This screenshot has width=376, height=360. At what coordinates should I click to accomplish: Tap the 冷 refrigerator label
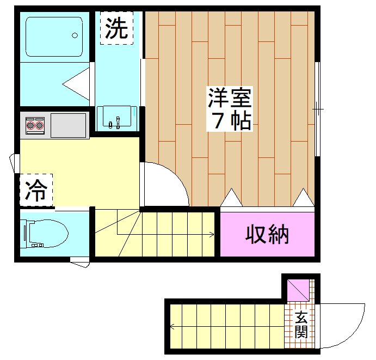coord(36,190)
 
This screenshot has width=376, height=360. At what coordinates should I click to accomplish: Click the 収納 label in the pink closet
coord(267,234)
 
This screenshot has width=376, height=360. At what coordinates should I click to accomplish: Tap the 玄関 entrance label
coord(301,325)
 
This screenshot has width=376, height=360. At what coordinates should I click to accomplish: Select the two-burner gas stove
coord(35,126)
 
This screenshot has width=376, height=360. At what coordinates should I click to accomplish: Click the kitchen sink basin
coord(69,125)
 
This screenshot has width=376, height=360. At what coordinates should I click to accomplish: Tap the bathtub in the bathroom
coord(52,37)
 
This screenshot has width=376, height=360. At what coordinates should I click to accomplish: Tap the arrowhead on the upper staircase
coord(211,235)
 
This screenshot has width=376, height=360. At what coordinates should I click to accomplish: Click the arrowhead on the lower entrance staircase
coord(171,327)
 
